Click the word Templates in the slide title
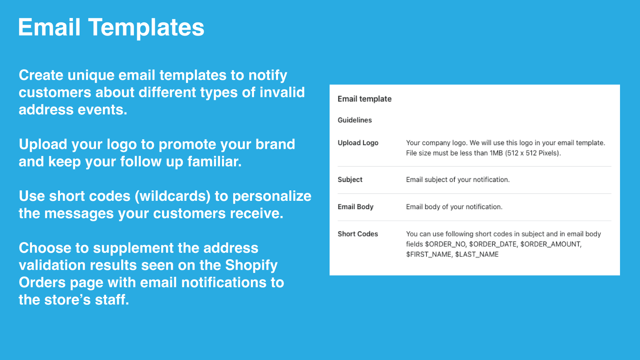tap(146, 28)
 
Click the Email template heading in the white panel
tap(364, 99)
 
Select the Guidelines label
tap(354, 120)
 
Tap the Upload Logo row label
tap(358, 143)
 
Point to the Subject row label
tap(350, 180)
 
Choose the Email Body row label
tap(355, 207)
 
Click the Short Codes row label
tap(358, 234)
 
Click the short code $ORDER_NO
tap(445, 244)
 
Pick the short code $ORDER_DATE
tap(493, 244)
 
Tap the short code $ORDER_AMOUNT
tap(550, 244)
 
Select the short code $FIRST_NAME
tap(429, 254)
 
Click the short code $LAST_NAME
tap(477, 254)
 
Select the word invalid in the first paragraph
tap(282, 92)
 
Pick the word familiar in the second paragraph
tap(214, 162)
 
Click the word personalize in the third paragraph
tap(272, 196)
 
